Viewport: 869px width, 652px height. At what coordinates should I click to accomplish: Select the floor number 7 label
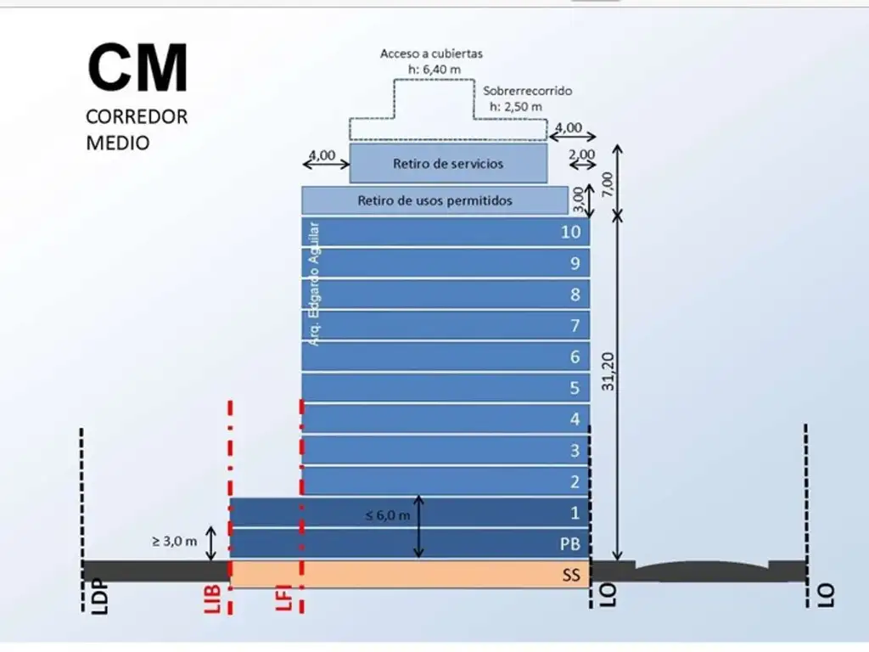(x=575, y=326)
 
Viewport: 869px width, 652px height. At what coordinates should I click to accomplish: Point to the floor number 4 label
(x=575, y=419)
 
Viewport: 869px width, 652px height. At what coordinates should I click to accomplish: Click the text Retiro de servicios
(x=448, y=163)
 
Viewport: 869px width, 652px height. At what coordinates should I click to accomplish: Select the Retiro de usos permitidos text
(x=434, y=201)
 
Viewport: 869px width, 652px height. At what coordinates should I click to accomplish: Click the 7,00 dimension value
(x=605, y=181)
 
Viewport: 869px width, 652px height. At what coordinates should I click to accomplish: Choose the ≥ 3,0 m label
(x=175, y=541)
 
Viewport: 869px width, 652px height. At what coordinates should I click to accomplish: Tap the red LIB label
(x=214, y=598)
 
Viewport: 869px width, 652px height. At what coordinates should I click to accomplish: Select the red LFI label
(x=285, y=598)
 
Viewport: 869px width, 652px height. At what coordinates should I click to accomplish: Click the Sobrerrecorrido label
(x=528, y=91)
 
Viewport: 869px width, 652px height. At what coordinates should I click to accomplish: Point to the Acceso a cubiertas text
(x=431, y=53)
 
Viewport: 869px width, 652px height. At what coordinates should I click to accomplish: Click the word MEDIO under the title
(x=118, y=143)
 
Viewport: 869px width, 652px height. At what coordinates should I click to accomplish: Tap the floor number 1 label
(x=575, y=513)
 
